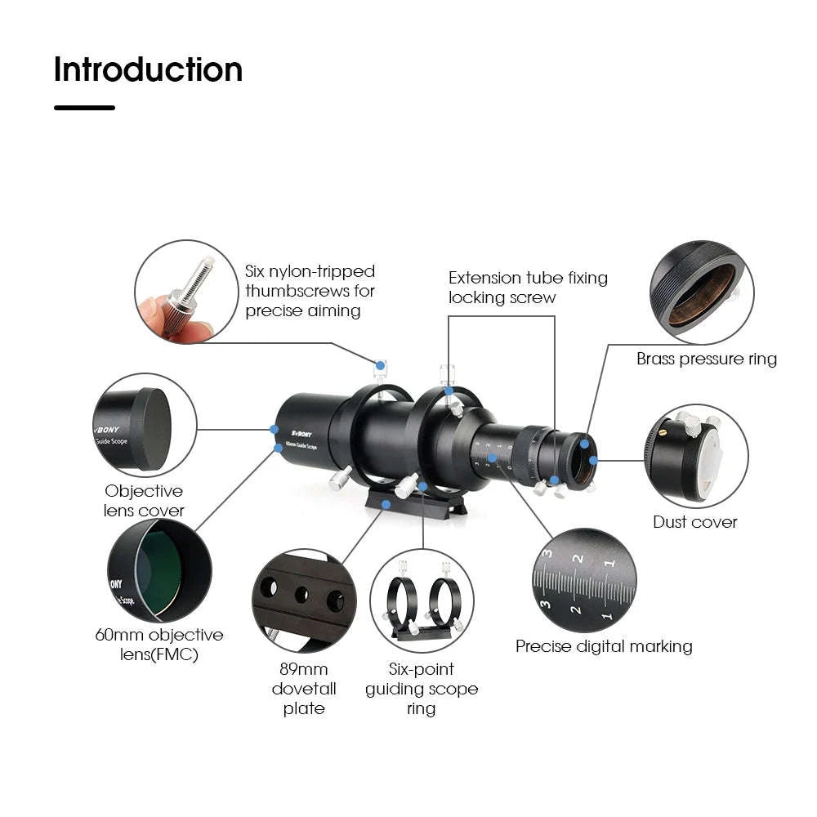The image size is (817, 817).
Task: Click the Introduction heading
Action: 148,70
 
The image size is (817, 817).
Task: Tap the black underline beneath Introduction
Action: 84,107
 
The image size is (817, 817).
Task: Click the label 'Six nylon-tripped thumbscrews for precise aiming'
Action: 310,291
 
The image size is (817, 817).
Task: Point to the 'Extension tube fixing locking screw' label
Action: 528,288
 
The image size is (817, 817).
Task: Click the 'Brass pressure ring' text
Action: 707,359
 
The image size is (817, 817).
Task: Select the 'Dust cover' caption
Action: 694,522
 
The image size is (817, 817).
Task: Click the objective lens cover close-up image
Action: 144,426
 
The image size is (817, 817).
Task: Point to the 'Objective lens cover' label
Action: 144,501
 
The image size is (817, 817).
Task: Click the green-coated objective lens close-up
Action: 159,569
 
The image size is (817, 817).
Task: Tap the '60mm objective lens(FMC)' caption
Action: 158,645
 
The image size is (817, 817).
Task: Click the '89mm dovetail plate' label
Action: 304,689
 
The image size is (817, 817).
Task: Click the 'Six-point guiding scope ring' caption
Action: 422,689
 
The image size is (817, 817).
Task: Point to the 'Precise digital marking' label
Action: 604,646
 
